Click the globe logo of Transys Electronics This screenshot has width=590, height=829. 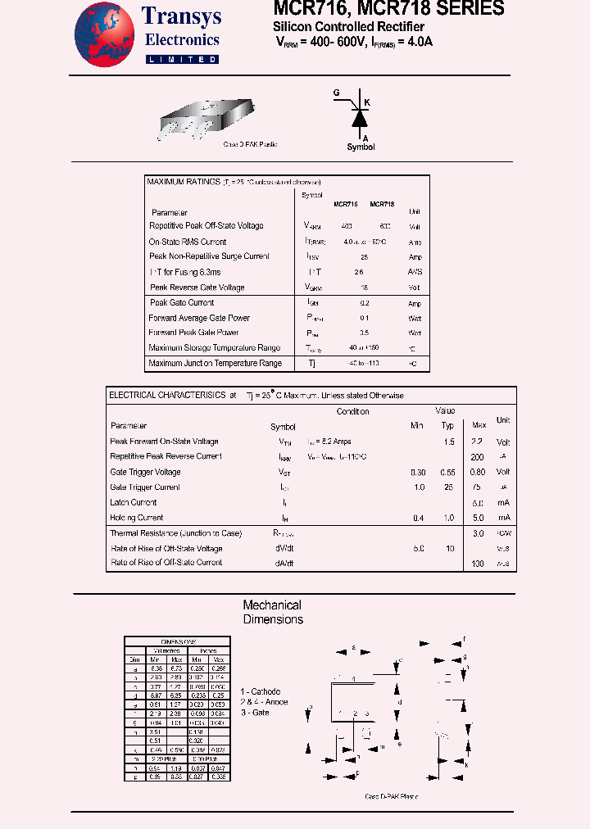[x=103, y=34]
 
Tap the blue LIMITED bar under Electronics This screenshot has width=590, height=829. [x=182, y=60]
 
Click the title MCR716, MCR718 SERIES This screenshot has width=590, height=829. [x=389, y=9]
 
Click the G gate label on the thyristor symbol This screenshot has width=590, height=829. [x=336, y=93]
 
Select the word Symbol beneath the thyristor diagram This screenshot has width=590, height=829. [x=361, y=147]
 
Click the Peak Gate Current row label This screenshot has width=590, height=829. [x=182, y=303]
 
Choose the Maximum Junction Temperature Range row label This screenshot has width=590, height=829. [x=215, y=364]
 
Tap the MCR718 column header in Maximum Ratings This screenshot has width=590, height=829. [x=382, y=205]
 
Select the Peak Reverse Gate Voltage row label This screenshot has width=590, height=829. [x=197, y=288]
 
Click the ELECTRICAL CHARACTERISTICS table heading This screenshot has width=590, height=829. [x=167, y=396]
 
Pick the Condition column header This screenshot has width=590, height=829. [x=352, y=412]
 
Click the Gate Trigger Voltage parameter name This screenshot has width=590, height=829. [x=145, y=472]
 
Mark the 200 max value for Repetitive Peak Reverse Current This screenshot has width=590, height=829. [x=478, y=457]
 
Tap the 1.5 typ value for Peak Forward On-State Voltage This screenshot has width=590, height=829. [x=449, y=442]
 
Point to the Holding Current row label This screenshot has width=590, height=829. [x=136, y=518]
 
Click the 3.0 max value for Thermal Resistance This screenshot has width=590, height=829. [x=479, y=533]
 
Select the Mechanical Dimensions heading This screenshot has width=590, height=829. [x=272, y=613]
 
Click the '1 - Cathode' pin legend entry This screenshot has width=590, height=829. [x=260, y=691]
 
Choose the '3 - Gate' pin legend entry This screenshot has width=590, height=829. [x=254, y=713]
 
